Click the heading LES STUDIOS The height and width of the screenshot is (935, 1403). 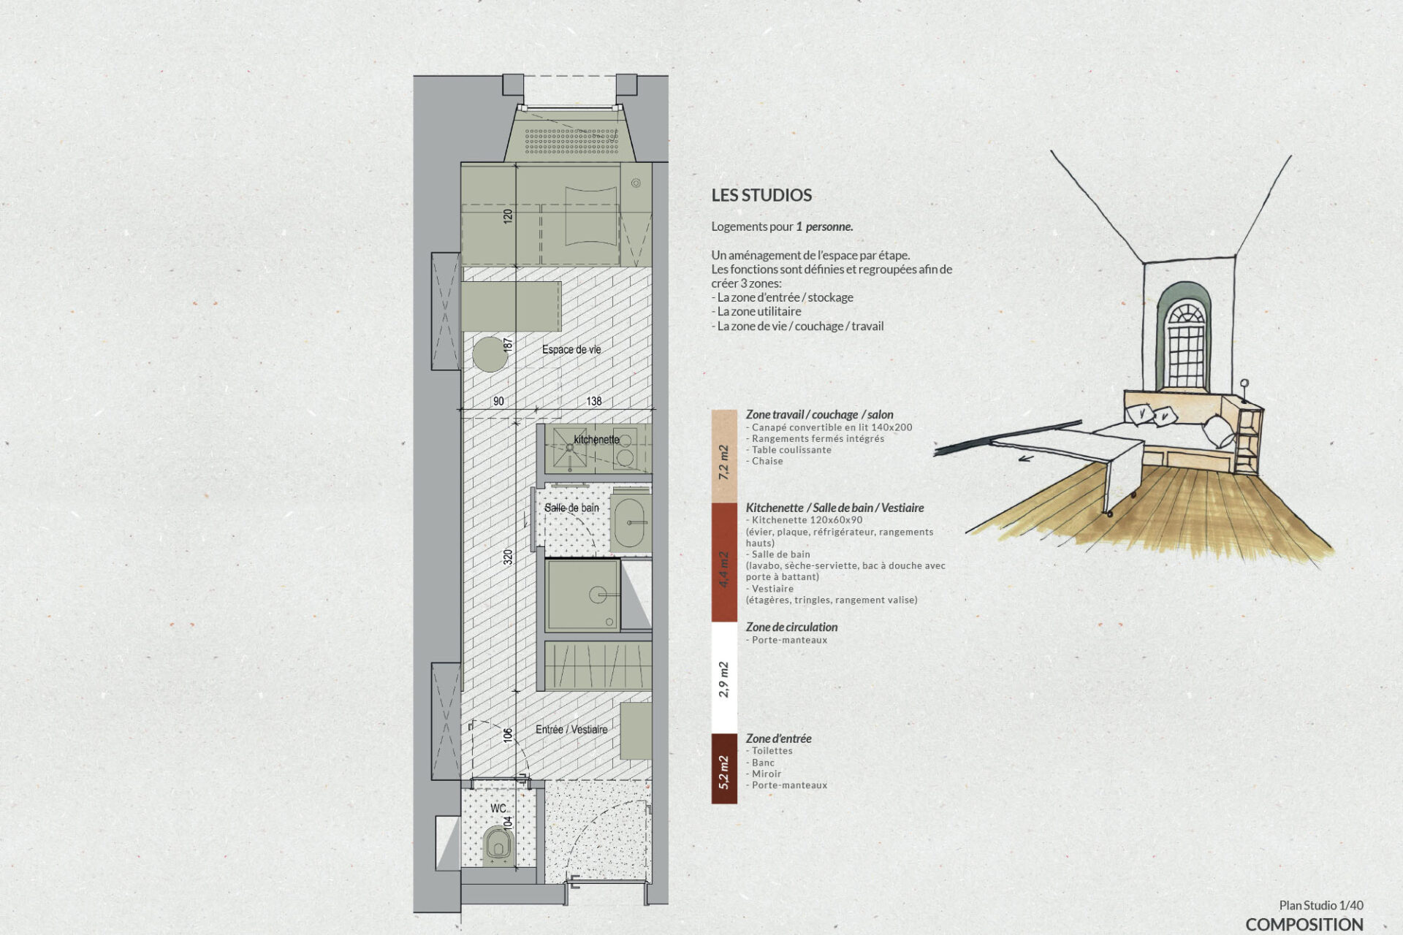click(x=761, y=195)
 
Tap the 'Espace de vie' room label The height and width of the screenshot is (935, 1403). click(x=571, y=350)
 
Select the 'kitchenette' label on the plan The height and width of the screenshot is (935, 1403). click(x=596, y=440)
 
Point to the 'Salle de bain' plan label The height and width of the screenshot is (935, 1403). click(x=571, y=508)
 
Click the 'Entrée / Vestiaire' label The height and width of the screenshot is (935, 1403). click(x=571, y=730)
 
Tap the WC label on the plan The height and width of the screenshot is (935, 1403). click(x=498, y=809)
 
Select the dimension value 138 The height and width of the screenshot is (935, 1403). click(x=594, y=401)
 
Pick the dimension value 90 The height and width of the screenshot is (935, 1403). click(x=498, y=401)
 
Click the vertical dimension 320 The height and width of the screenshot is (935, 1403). click(x=508, y=557)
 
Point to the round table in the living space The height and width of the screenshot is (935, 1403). click(x=490, y=355)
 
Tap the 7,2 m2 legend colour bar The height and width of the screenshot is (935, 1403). click(x=724, y=457)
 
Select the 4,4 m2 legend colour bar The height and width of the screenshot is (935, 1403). click(x=724, y=562)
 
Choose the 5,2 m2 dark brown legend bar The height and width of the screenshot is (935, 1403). click(x=724, y=768)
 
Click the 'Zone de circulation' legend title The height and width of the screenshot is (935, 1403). click(x=791, y=627)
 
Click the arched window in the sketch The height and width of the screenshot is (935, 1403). click(x=1185, y=337)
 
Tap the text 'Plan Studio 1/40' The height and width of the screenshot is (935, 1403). click(x=1321, y=906)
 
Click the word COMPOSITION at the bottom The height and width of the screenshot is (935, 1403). click(x=1304, y=924)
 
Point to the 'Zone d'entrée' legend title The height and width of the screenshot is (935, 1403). click(x=778, y=739)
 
